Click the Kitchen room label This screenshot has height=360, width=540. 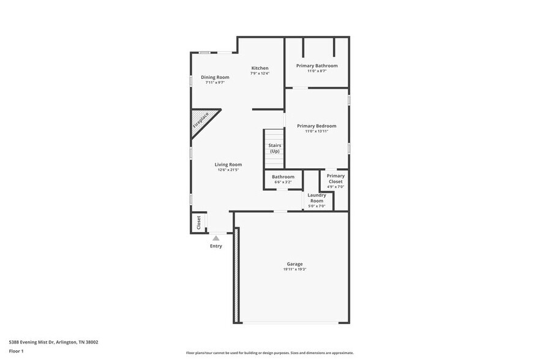coord(260,68)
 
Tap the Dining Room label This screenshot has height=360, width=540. coord(215,77)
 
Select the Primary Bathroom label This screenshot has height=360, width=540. coord(317,66)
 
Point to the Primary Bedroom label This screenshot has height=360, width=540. coord(317,126)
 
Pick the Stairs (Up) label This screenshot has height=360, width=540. coord(274,148)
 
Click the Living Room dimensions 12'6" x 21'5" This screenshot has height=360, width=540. coord(228,170)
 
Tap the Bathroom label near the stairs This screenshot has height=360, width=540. coord(283,177)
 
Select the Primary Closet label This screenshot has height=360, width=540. coord(336,178)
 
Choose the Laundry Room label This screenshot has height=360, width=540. coord(317,198)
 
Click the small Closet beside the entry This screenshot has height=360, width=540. coord(198,222)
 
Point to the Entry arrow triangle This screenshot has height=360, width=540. coord(216,238)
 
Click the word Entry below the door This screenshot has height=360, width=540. coord(216,246)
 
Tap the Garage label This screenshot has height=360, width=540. coord(294,264)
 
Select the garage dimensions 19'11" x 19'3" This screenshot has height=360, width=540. coord(294,269)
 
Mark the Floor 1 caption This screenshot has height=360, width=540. coord(16,351)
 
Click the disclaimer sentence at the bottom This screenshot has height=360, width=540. coord(269,353)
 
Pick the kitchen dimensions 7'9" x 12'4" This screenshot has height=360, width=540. coord(260,73)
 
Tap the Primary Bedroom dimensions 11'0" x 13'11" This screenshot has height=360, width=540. coord(317,132)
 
